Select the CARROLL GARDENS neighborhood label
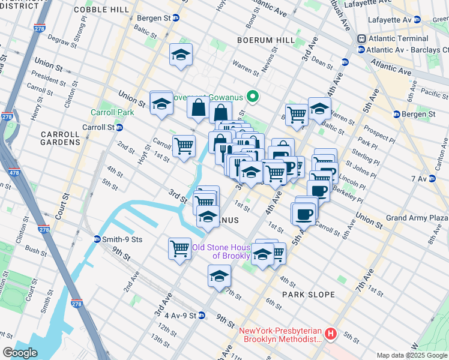[60, 138]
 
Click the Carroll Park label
[112, 112]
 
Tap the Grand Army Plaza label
[417, 217]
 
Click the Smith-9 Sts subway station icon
[97, 239]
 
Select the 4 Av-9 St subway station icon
[202, 315]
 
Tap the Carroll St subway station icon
[119, 127]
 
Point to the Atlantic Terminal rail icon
[362, 38]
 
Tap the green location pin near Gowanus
[253, 95]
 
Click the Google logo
[20, 353]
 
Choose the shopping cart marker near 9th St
[180, 248]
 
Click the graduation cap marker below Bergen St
[181, 55]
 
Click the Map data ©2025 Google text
[411, 355]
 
